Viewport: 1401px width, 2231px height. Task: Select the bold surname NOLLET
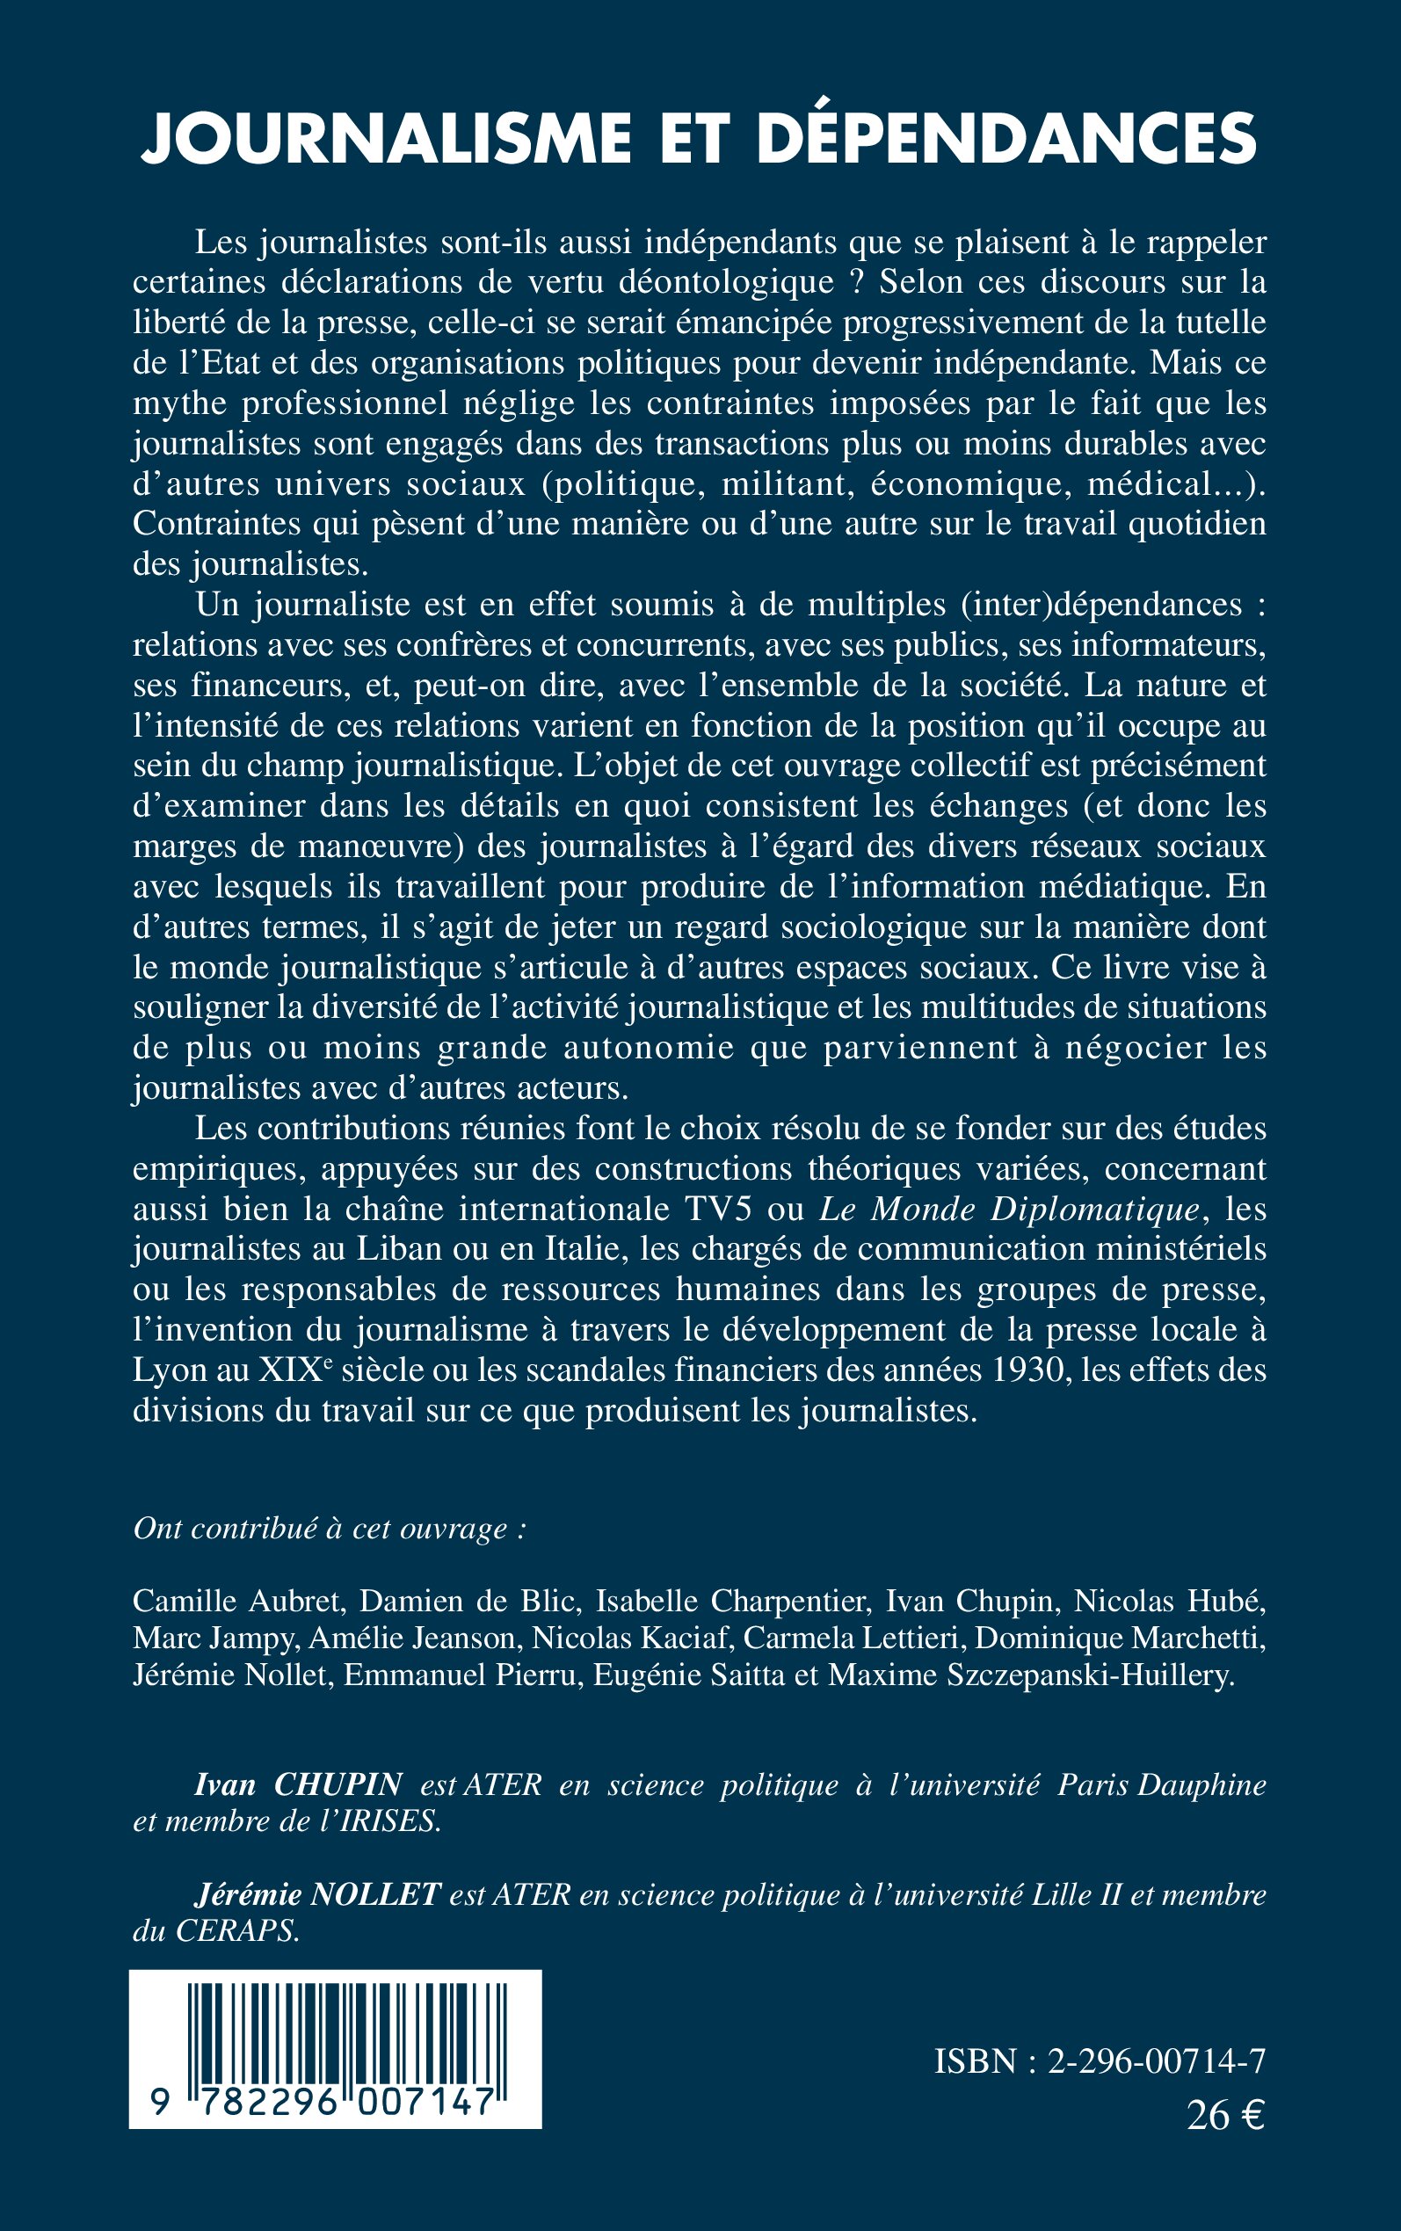click(375, 1895)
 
